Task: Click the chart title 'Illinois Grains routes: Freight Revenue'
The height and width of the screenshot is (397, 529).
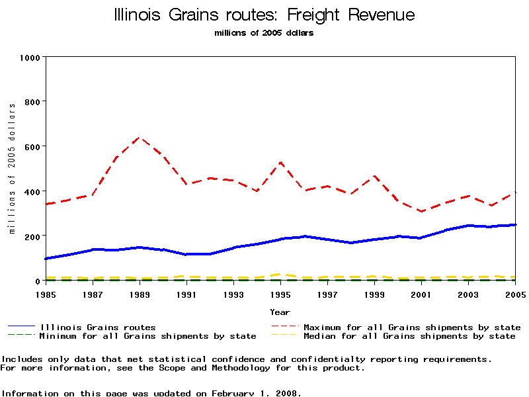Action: (264, 15)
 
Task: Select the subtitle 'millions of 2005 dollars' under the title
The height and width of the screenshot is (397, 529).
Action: (264, 33)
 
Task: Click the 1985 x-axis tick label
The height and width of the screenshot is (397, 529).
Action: (45, 294)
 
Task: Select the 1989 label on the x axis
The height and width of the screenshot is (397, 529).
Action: (140, 294)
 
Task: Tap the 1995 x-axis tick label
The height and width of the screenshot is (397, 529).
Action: (280, 294)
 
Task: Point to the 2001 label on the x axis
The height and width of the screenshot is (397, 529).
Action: (421, 294)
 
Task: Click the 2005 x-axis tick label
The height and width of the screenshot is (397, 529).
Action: (515, 294)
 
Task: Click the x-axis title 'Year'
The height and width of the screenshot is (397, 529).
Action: (280, 312)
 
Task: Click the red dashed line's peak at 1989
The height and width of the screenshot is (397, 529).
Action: (139, 138)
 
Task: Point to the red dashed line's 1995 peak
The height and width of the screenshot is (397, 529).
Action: (280, 162)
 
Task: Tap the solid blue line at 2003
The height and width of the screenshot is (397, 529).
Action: (468, 226)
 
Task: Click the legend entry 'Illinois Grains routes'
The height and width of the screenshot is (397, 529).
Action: (98, 327)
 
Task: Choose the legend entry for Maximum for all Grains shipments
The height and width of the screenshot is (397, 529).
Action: (411, 327)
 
